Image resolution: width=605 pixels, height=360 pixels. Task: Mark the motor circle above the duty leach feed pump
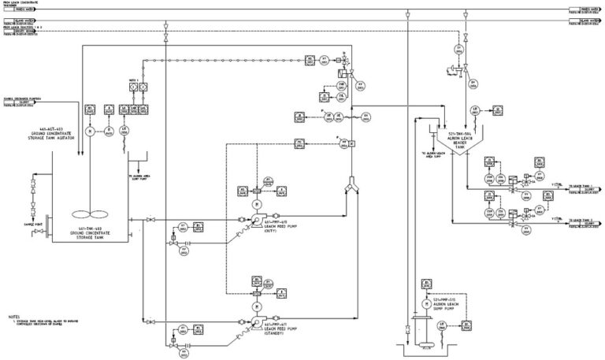pyautogui.click(x=257, y=203)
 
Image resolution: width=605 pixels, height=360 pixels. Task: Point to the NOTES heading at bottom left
pyautogui.click(x=13, y=315)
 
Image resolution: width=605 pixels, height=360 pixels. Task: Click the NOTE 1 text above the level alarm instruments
pyautogui.click(x=133, y=80)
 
